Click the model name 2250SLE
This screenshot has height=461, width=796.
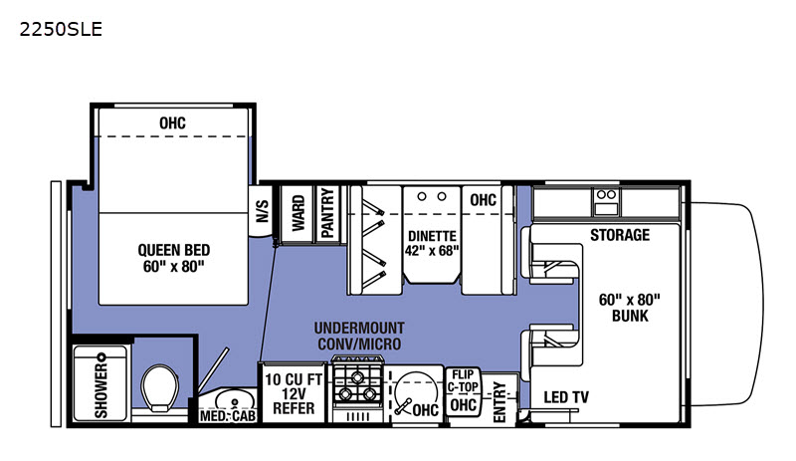61,30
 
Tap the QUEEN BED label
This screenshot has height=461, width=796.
173,250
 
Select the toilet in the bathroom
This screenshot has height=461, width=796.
159,387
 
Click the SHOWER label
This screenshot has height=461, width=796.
101,390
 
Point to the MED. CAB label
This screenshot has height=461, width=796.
228,416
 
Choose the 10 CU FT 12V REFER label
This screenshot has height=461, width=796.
294,394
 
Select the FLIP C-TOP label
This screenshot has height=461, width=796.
463,380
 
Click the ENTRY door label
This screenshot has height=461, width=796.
500,402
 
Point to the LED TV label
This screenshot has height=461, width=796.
566,397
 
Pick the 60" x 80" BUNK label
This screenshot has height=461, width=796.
630,308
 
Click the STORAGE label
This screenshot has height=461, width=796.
620,235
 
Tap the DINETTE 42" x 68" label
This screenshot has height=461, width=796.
432,244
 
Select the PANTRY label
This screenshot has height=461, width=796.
328,212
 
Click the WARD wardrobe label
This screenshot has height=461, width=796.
298,213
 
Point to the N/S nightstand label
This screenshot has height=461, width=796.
262,211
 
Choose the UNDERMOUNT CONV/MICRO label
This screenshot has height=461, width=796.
359,336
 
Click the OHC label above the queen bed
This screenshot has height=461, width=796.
172,123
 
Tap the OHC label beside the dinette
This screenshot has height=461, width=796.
483,200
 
